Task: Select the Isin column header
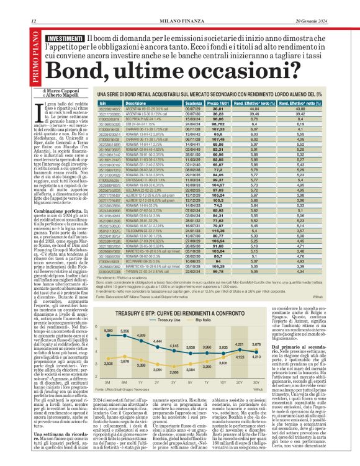point(104,104)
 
